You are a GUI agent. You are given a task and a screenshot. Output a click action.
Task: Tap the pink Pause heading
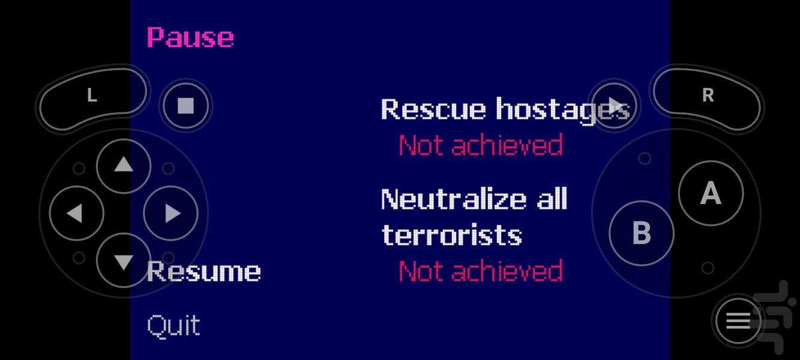[x=191, y=37]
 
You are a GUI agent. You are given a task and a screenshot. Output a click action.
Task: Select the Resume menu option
[x=204, y=271]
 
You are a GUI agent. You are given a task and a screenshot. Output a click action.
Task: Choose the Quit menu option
[x=173, y=326]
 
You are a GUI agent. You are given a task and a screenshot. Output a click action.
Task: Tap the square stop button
[x=185, y=106]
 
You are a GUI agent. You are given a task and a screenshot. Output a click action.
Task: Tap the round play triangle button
[x=613, y=106]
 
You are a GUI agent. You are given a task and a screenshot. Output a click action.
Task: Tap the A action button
[x=711, y=193]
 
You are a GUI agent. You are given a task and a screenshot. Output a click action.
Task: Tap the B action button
[x=642, y=233]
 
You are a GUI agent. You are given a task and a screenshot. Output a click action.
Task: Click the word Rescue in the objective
[x=433, y=109]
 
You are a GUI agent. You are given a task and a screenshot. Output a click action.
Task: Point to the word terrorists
[x=452, y=235]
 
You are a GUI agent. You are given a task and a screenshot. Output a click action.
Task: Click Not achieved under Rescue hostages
[x=481, y=145]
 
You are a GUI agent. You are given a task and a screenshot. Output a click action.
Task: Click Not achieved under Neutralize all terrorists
[x=481, y=271]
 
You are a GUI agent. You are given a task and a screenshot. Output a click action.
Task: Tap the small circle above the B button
[x=645, y=158]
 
